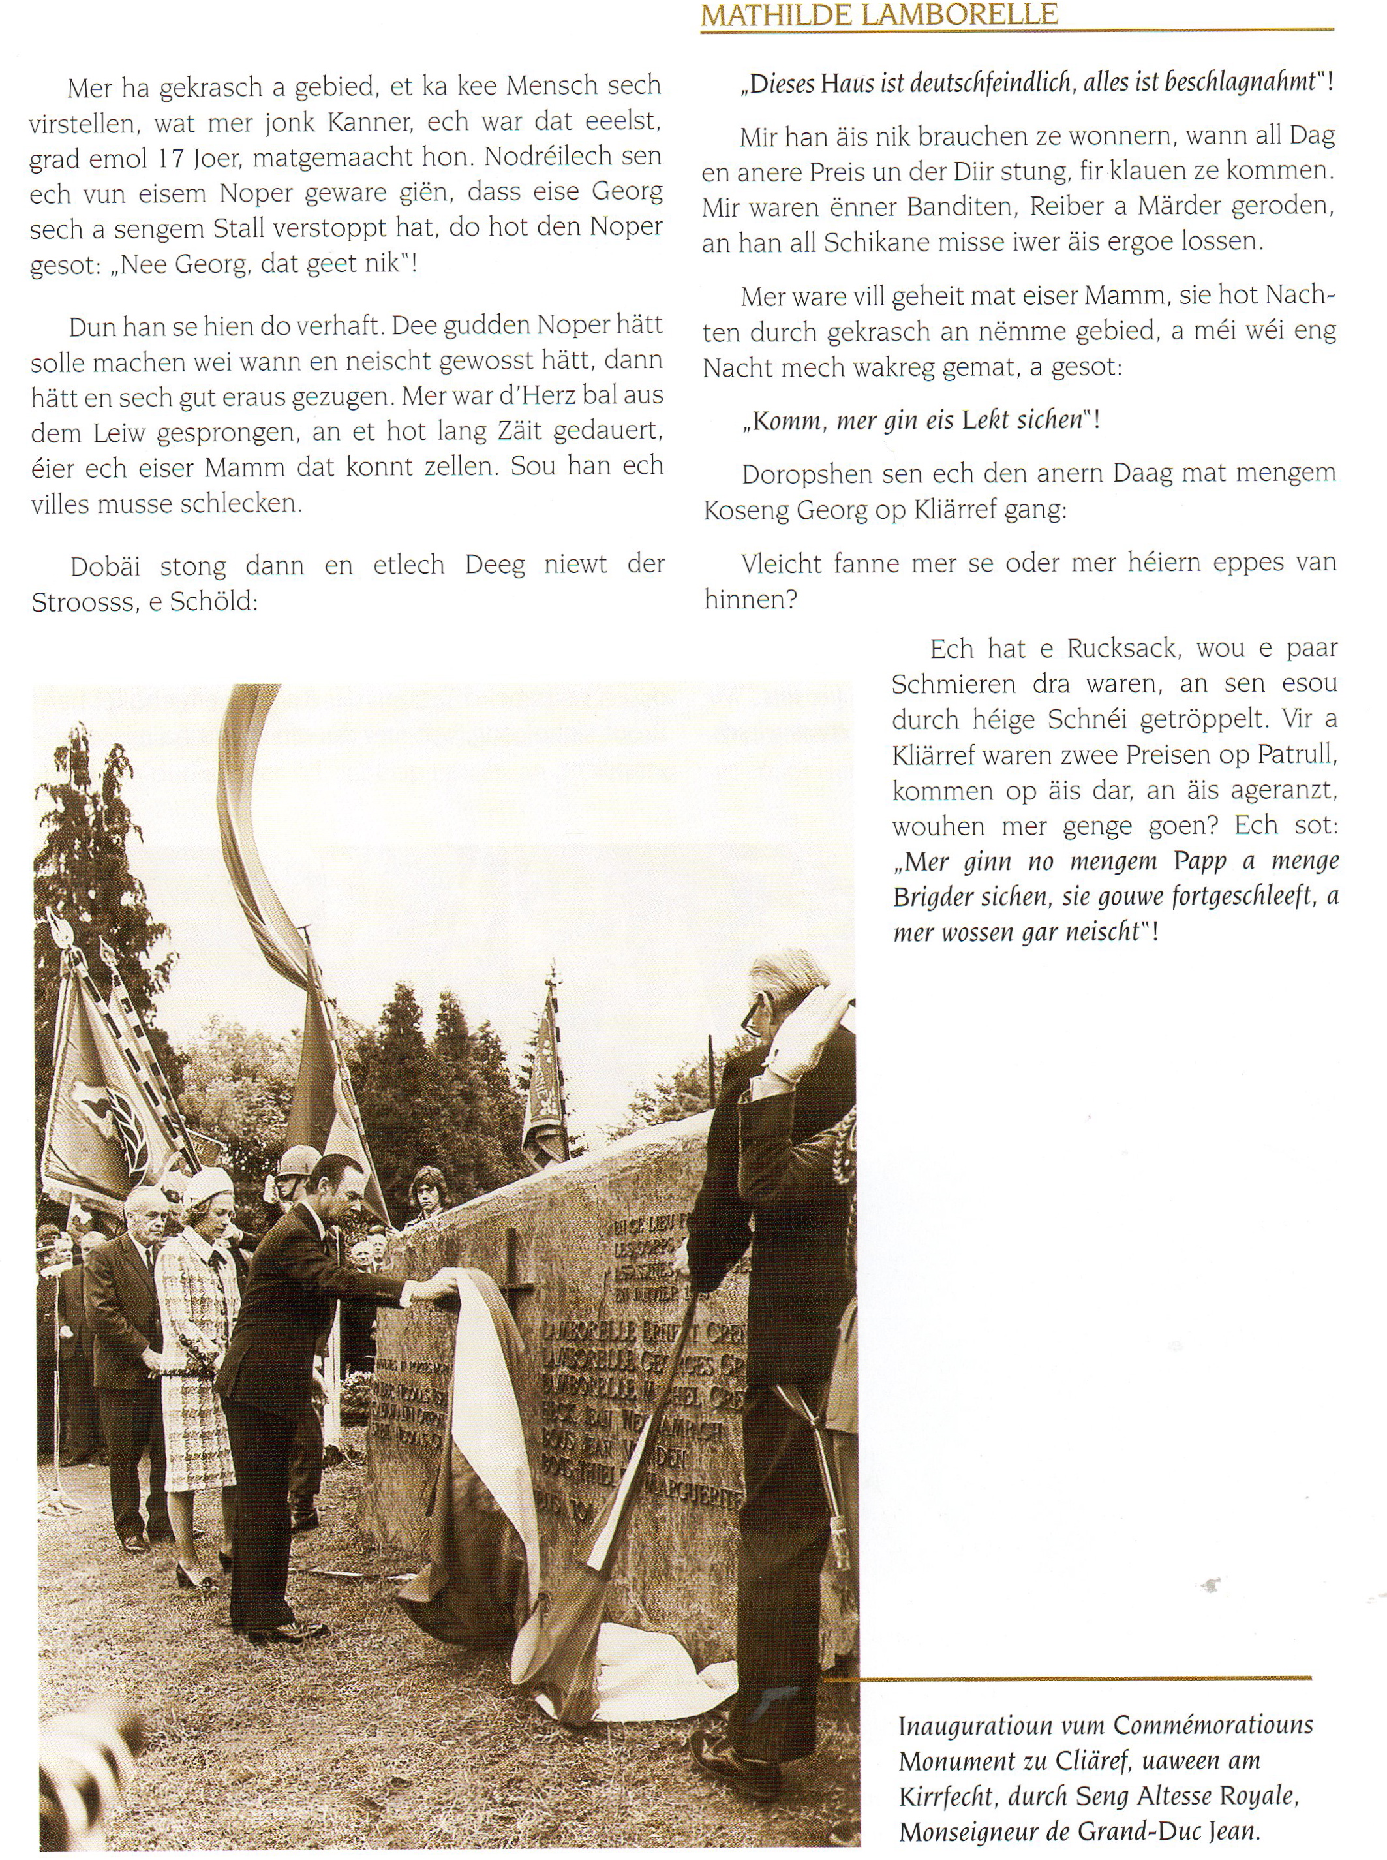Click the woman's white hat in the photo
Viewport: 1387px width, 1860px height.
click(x=207, y=1185)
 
